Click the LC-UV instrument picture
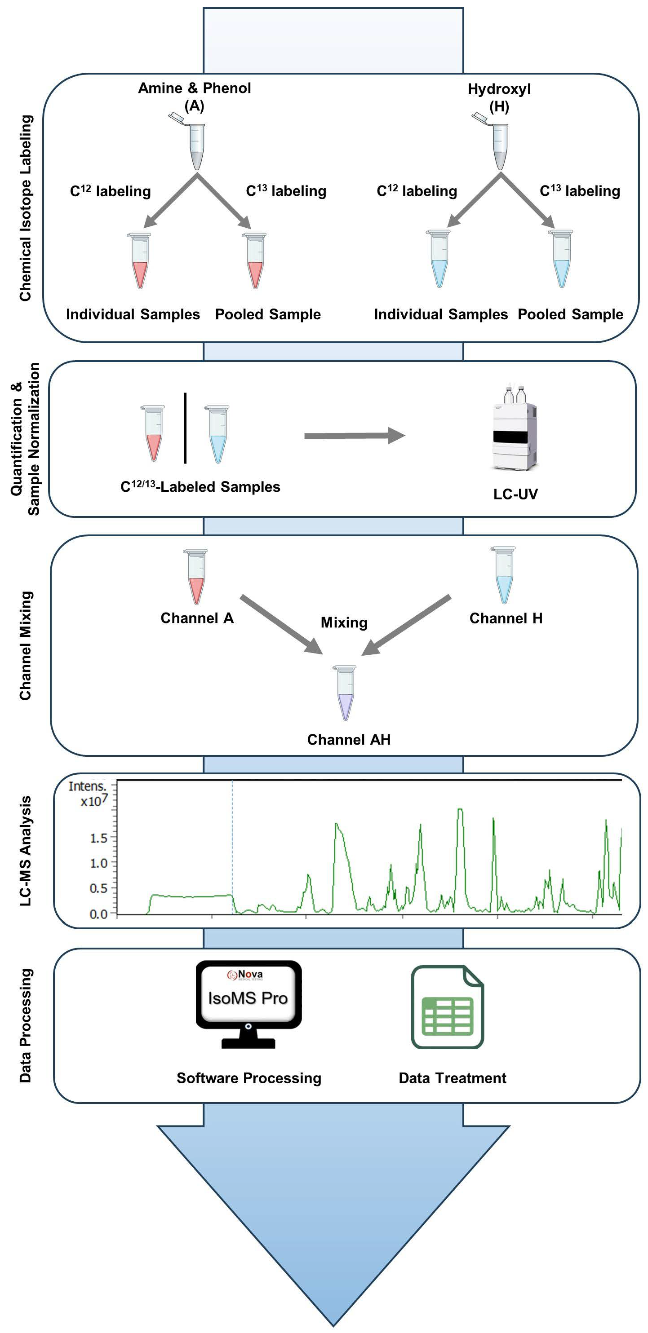coord(515,429)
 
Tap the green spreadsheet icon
coord(447,1006)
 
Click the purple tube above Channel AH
coord(345,693)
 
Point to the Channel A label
coord(197,618)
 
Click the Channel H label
coord(506,618)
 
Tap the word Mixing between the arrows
coord(344,622)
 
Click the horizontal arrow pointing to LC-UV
coord(354,436)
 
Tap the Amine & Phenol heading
coord(194,88)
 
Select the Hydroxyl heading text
coord(499,89)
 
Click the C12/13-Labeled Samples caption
coord(200,487)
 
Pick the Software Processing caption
coord(249,1078)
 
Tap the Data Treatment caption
coord(453,1078)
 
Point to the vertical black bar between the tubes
coord(185,428)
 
